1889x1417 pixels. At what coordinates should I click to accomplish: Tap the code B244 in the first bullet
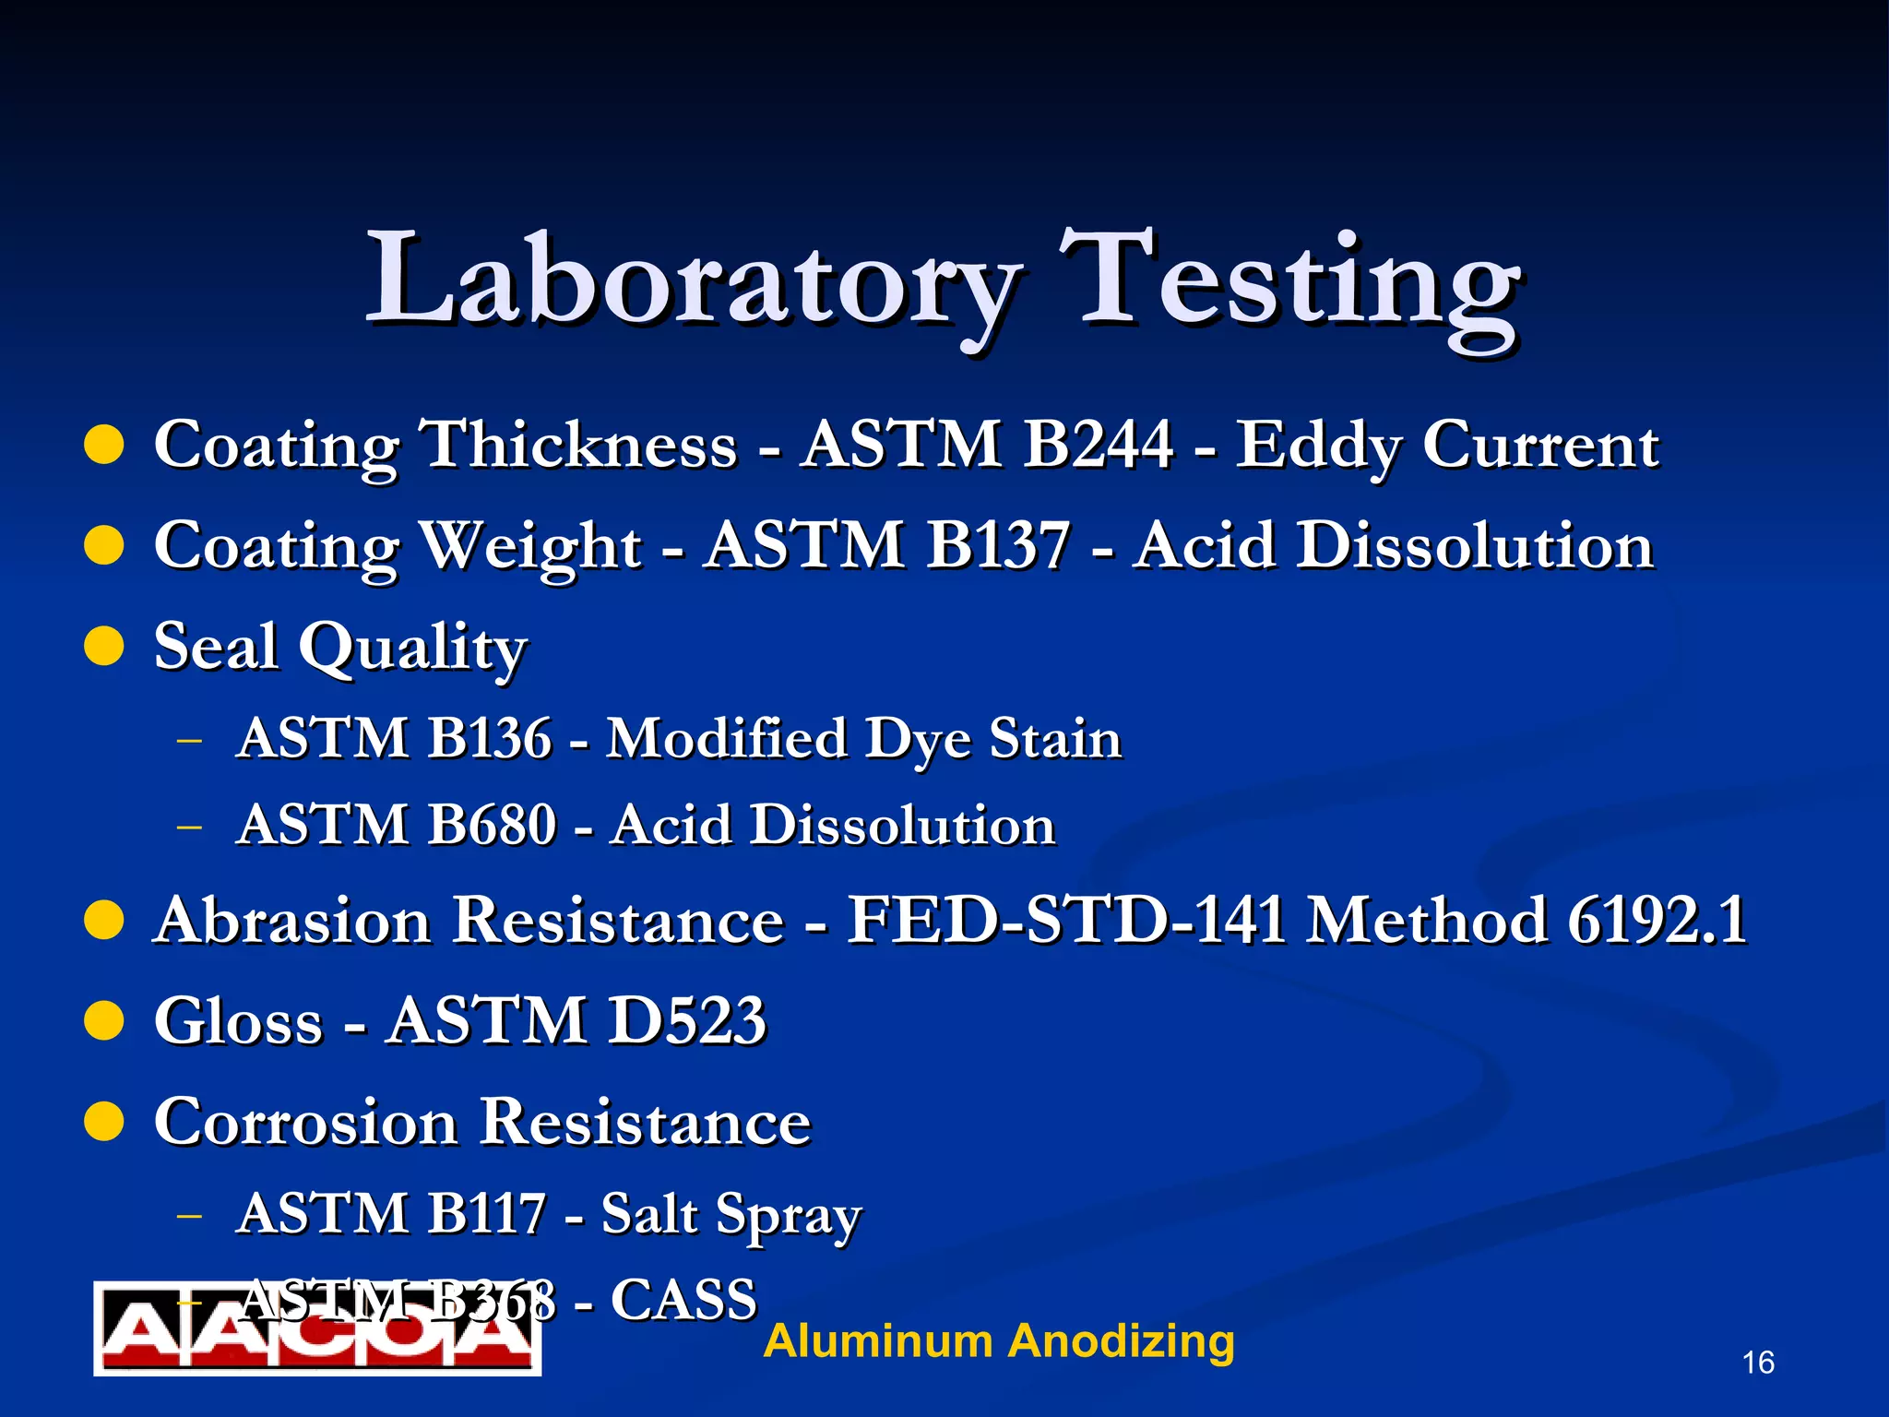[x=1098, y=445]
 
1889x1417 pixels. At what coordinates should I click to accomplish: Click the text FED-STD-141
[x=1066, y=920]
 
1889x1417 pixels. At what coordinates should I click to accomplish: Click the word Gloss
[x=238, y=1021]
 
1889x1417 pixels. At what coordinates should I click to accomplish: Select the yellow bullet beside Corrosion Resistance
[x=104, y=1122]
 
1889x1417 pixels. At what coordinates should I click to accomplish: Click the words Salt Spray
[x=731, y=1214]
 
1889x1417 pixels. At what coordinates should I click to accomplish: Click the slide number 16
[x=1758, y=1363]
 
